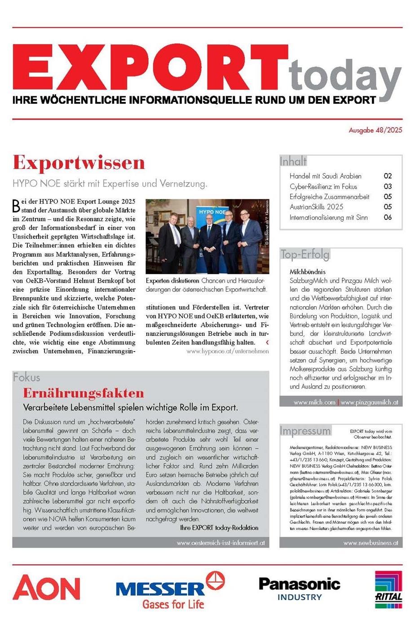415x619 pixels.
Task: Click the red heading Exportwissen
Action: point(79,162)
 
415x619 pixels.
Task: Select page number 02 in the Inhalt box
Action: point(388,176)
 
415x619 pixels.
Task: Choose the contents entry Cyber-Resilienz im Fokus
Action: point(323,187)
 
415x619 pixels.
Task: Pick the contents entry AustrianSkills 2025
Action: point(316,207)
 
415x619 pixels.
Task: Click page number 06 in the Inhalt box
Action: point(388,218)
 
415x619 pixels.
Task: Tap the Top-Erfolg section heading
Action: point(305,254)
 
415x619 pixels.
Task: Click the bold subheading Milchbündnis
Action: point(308,272)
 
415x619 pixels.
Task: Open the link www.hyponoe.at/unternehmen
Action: point(228,351)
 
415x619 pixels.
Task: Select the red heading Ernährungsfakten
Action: point(84,393)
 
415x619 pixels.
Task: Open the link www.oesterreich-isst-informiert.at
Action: point(221,543)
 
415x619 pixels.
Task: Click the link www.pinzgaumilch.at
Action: point(369,402)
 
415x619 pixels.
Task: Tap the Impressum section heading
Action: point(305,431)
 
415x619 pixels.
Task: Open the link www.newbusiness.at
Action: point(371,543)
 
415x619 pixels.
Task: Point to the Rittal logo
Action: point(389,590)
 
